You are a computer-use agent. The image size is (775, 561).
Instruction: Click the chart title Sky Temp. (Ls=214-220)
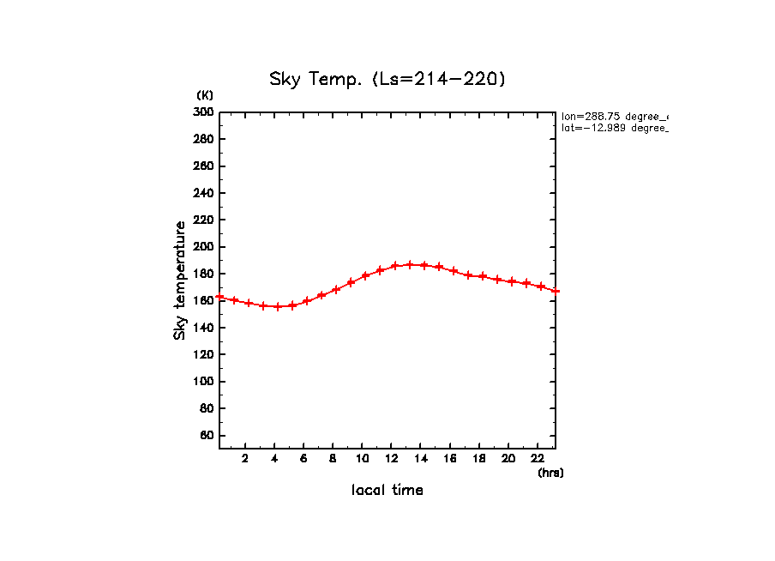click(387, 80)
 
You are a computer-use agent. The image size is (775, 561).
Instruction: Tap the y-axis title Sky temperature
click(180, 280)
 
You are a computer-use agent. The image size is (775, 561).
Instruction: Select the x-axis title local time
click(387, 490)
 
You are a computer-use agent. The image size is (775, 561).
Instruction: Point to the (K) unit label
click(205, 95)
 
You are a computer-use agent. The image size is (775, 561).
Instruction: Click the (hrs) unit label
click(550, 472)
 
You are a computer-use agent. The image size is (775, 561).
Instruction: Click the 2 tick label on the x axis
click(245, 457)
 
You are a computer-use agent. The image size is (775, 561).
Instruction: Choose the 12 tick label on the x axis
click(392, 457)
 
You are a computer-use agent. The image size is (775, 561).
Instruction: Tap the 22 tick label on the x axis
click(538, 457)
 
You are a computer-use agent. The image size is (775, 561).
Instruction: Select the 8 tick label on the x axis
click(333, 457)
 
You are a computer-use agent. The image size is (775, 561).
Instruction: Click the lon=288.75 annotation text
click(614, 116)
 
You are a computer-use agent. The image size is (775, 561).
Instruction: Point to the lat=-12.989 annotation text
click(614, 128)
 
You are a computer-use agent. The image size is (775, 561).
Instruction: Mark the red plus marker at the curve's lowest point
click(278, 306)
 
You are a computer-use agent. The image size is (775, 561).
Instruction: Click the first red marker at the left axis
click(220, 297)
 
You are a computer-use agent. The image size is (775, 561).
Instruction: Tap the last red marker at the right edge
click(556, 291)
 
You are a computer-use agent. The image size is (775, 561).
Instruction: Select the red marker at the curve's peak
click(410, 265)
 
